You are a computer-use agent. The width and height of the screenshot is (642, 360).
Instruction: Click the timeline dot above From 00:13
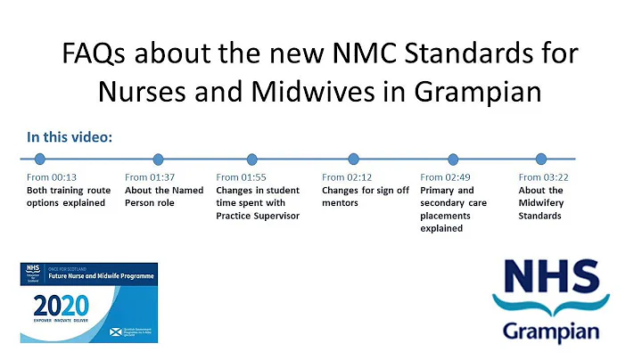tap(39, 160)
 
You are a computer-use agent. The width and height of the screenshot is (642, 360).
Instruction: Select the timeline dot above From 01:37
tap(158, 160)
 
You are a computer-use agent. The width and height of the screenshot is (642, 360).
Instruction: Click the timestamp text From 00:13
tap(52, 177)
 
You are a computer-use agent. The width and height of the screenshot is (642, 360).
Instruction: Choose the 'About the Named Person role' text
tap(164, 196)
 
